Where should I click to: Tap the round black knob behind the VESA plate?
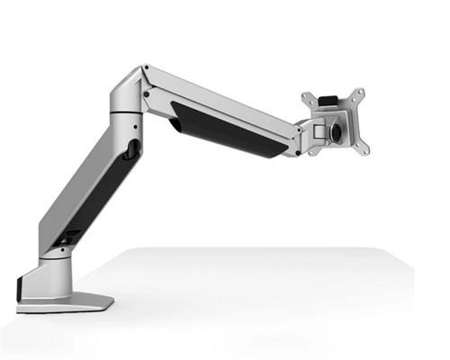click(337, 130)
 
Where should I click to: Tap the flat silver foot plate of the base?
click(72, 302)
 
